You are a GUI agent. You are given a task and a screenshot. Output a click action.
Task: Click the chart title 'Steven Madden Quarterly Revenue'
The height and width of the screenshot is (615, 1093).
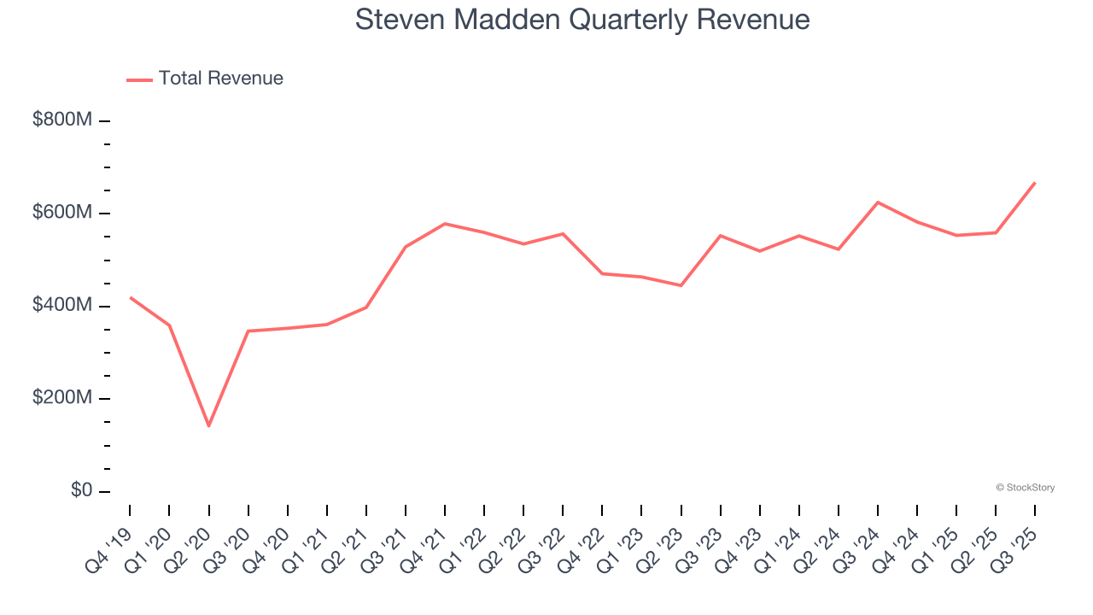coord(582,20)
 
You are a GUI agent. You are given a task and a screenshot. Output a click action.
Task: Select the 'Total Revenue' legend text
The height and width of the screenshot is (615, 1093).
coord(220,79)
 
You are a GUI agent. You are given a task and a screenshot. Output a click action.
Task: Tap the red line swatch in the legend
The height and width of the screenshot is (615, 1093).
coord(139,79)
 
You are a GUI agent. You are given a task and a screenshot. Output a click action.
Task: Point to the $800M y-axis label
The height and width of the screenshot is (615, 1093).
coord(61,120)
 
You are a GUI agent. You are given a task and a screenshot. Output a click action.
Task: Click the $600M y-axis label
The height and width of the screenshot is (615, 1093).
coord(61,213)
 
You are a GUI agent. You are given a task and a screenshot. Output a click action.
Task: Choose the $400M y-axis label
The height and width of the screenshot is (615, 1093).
coord(61,306)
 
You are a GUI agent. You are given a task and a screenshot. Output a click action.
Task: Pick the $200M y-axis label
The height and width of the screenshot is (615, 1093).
coord(61,398)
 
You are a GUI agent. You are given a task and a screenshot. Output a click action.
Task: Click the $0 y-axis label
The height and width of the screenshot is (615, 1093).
coord(81,491)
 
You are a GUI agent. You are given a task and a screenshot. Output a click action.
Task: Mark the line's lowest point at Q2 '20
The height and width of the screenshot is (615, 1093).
coord(208,425)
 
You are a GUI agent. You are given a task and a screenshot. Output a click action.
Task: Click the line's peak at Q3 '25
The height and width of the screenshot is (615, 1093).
coord(1035,183)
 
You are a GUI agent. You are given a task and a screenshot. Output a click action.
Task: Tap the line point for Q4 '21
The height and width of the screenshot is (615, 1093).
coord(445,224)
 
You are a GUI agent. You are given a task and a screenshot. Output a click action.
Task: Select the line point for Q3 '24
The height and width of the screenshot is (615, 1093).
coord(878,202)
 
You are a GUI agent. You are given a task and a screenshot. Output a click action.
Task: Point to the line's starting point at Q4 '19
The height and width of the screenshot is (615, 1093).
coord(130,297)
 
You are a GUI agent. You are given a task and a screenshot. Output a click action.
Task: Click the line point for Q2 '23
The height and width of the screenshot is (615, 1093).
coord(681,285)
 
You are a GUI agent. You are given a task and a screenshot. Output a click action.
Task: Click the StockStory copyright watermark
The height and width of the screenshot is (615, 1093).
coord(1025,488)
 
